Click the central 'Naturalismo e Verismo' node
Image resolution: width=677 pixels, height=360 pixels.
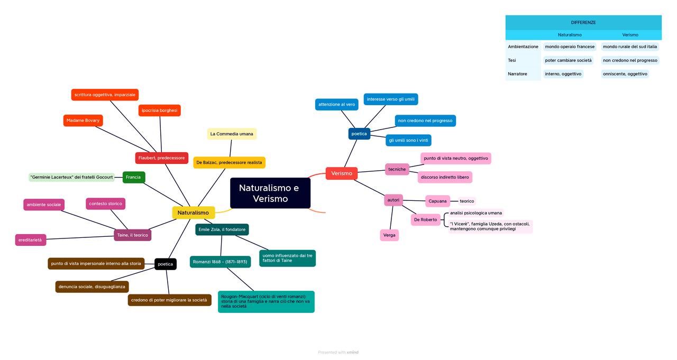tap(270, 193)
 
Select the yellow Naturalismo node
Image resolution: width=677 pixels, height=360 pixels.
tap(193, 213)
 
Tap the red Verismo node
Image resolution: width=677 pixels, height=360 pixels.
tap(341, 173)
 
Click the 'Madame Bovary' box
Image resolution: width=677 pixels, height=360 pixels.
tap(83, 121)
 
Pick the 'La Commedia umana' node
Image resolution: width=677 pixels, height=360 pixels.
tap(232, 134)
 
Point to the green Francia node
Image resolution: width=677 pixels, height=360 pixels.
tap(133, 177)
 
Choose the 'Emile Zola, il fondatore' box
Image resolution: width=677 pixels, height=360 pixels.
tap(222, 229)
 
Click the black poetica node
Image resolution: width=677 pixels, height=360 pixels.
tap(165, 264)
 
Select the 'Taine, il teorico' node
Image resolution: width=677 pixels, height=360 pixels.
tap(132, 235)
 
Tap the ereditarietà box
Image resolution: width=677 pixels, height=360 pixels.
tap(30, 240)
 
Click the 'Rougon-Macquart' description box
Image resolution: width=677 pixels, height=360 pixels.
tap(266, 301)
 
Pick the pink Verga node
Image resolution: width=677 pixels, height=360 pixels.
tap(389, 235)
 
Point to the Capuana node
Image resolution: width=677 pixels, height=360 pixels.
tap(437, 201)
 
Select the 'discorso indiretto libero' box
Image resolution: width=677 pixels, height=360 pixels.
tap(444, 177)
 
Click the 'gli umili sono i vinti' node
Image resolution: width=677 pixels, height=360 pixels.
tap(408, 140)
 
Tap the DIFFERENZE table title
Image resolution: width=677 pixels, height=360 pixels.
tap(583, 23)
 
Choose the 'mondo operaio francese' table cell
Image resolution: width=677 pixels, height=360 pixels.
tap(570, 47)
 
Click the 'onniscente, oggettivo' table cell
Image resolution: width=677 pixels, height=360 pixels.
tap(625, 74)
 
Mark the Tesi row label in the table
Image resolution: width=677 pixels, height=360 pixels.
tap(511, 60)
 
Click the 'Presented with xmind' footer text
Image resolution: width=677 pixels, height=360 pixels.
tap(338, 352)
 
